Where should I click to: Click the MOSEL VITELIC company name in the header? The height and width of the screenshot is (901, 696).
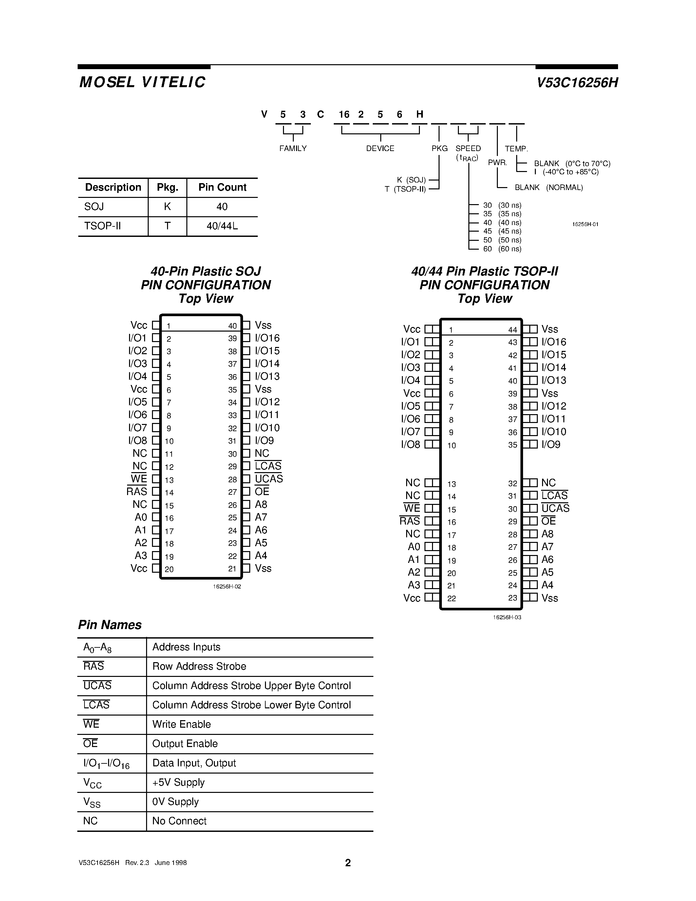click(x=142, y=83)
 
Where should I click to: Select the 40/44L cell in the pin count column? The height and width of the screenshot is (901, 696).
click(x=222, y=226)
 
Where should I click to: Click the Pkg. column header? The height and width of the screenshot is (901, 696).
click(x=167, y=188)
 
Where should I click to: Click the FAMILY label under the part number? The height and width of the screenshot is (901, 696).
click(x=293, y=148)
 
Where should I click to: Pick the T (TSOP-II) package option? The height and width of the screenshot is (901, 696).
click(x=405, y=189)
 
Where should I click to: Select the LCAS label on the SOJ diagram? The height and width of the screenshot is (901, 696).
click(x=268, y=466)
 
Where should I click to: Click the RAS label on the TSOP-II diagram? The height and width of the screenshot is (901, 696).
click(x=409, y=521)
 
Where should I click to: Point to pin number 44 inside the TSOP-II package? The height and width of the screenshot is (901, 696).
click(x=513, y=330)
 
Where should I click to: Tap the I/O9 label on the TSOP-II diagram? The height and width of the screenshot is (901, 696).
click(x=551, y=445)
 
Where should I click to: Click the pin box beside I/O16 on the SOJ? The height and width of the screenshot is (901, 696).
click(x=246, y=338)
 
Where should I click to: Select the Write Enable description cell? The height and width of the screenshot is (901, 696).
click(x=181, y=724)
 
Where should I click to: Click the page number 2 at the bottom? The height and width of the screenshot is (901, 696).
click(x=348, y=863)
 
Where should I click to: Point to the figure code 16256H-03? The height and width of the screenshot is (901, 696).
click(x=507, y=617)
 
